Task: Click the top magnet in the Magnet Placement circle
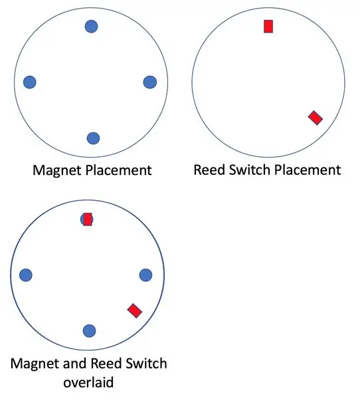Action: pos(91,26)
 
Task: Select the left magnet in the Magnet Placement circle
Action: pos(30,82)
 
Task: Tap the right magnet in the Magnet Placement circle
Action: pos(150,82)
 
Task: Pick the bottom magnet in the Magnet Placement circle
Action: pos(93,138)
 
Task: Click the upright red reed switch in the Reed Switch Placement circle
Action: pos(268,27)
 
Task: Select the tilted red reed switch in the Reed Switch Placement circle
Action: pos(315,118)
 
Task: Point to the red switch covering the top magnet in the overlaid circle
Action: pos(88,219)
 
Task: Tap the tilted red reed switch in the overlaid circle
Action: pos(135,311)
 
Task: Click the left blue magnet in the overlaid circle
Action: pos(26,275)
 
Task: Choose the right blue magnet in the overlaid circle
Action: pos(146,275)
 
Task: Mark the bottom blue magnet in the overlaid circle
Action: pos(89,331)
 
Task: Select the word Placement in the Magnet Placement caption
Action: pos(119,170)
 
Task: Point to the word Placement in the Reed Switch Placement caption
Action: pos(308,170)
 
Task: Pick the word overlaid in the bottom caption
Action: pos(88,382)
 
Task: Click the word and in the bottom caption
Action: pos(74,363)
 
